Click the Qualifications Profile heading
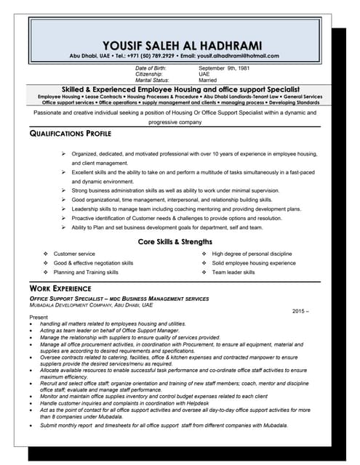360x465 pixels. tap(70, 134)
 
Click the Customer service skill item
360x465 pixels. tap(74, 254)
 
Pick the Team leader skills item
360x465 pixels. tap(233, 272)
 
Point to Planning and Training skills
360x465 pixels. tap(86, 272)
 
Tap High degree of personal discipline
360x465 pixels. tap(251, 254)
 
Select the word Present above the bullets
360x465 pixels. tap(38, 318)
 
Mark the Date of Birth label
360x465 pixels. tap(151, 68)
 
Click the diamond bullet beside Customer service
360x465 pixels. tap(46, 254)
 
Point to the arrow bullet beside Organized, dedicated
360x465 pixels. tap(64, 154)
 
